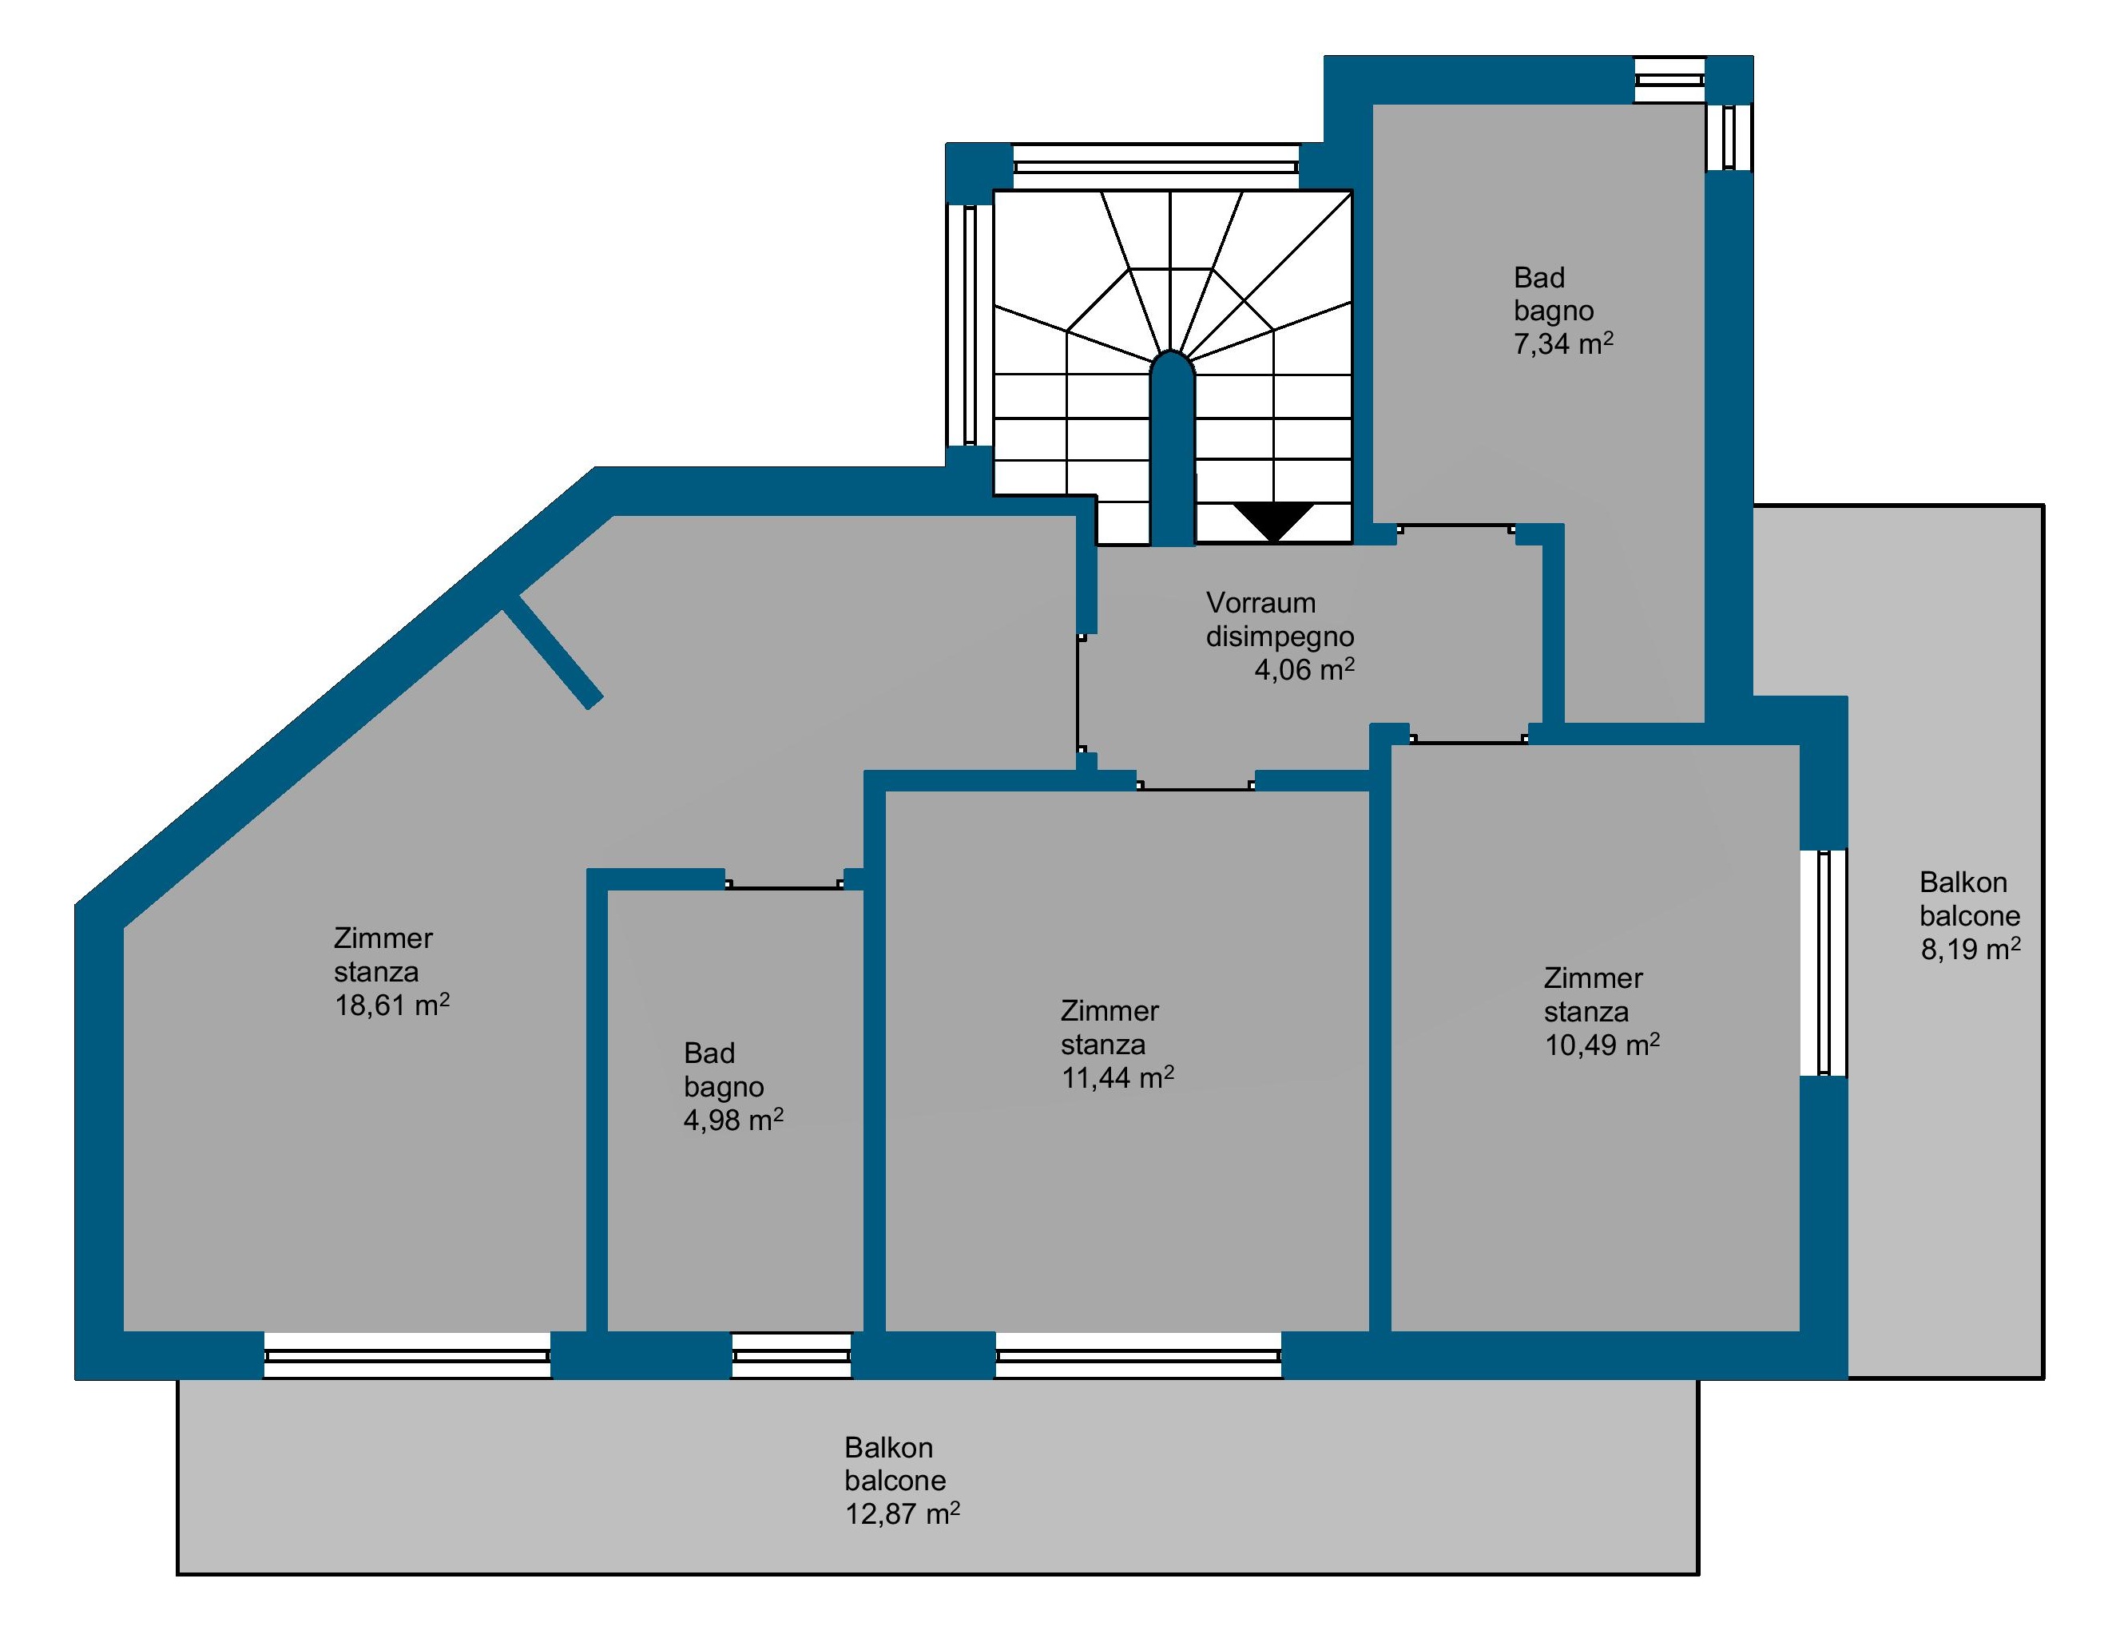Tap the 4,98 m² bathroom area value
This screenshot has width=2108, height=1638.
732,1120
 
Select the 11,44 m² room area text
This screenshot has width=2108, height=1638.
1117,1078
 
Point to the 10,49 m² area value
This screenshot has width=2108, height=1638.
1602,1045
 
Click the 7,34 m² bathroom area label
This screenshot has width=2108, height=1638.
1562,343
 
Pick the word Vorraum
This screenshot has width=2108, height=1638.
1260,603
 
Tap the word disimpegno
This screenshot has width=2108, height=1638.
1279,637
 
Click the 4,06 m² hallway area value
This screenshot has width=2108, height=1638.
1303,670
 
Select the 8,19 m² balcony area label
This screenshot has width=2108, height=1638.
1970,950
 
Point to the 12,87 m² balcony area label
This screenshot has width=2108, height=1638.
903,1513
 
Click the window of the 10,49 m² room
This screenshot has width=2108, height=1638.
1824,962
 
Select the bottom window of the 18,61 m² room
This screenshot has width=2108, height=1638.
407,1355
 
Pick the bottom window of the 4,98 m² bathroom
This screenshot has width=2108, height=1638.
792,1355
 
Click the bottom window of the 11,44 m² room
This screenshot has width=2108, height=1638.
1139,1355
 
